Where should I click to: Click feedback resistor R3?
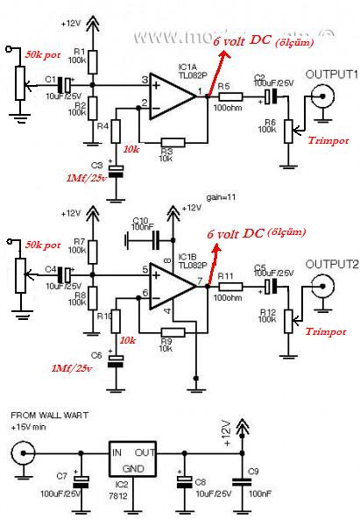pos(173,142)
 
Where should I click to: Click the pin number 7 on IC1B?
pos(201,281)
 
